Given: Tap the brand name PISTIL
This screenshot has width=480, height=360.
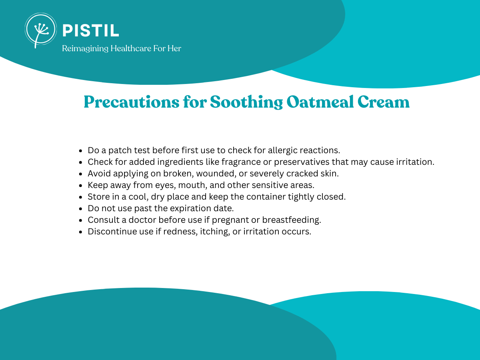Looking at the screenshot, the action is [x=91, y=31].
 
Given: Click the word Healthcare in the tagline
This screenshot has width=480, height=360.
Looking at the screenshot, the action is [x=131, y=48].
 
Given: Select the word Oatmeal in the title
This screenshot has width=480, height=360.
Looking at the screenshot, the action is [x=320, y=102].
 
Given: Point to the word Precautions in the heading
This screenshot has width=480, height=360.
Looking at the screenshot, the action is [x=132, y=102].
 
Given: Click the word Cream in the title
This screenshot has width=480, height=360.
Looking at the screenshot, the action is [x=383, y=102].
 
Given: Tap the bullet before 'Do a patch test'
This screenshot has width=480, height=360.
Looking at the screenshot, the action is [x=81, y=151].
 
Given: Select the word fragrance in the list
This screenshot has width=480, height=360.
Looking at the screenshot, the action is [x=241, y=162].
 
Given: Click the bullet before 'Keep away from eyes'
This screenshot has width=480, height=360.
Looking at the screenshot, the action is [x=81, y=186].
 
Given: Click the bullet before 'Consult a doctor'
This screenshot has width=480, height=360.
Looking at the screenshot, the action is [x=81, y=220].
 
